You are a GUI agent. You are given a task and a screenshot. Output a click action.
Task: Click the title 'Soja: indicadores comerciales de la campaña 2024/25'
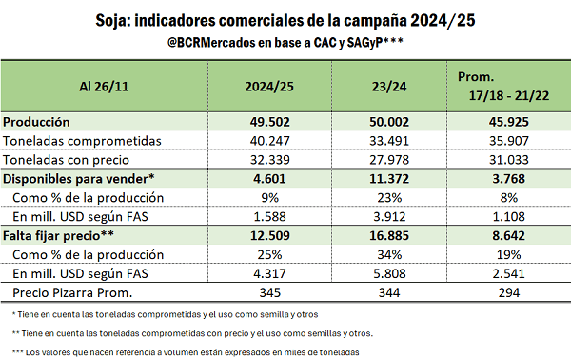click(x=285, y=19)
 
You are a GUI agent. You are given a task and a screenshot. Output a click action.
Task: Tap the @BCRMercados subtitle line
click(x=285, y=42)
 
